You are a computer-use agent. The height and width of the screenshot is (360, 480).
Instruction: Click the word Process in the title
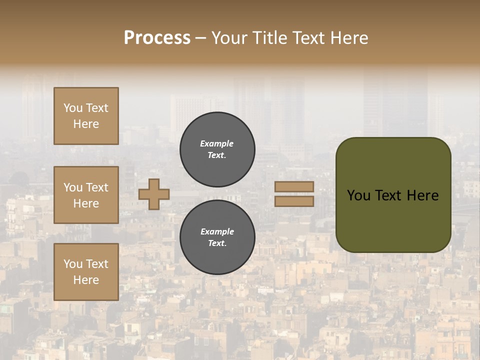click(x=157, y=38)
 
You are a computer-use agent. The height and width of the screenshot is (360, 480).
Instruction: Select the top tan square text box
click(x=86, y=116)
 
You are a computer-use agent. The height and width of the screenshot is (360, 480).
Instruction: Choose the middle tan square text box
click(x=86, y=195)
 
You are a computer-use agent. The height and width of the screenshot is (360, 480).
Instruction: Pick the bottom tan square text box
click(x=86, y=272)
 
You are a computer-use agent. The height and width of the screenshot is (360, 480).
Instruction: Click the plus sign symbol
click(x=154, y=194)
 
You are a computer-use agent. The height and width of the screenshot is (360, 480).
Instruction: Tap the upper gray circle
click(x=217, y=149)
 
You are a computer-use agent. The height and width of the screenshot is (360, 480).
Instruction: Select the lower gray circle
click(x=217, y=237)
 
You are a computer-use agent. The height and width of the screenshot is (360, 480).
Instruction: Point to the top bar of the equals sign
click(x=294, y=186)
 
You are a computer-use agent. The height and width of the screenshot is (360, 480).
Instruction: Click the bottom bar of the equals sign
click(x=294, y=201)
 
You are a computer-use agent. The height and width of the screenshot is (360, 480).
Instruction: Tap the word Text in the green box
click(x=391, y=195)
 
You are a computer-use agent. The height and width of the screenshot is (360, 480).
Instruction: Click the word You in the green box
click(x=358, y=195)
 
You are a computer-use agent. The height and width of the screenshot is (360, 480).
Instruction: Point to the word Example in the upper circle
click(x=217, y=143)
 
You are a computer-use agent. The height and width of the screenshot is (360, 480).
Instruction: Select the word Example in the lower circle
click(x=217, y=231)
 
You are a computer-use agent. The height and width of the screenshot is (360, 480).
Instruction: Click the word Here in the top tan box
click(x=86, y=124)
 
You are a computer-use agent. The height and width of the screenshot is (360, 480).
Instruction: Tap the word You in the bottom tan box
click(x=73, y=264)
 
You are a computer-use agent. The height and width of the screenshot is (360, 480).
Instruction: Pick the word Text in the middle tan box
click(x=96, y=187)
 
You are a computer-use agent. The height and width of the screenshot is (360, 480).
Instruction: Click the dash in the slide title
click(x=201, y=38)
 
